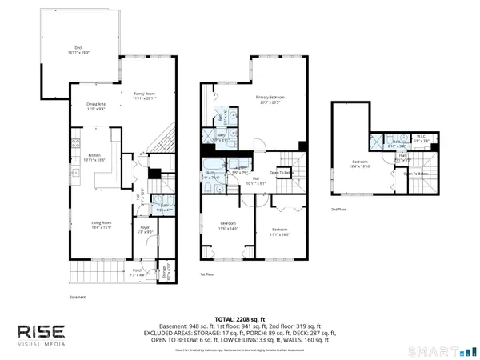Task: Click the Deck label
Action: coord(78,50)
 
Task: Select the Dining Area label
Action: coord(97,106)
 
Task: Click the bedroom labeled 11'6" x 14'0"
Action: coord(228,226)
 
